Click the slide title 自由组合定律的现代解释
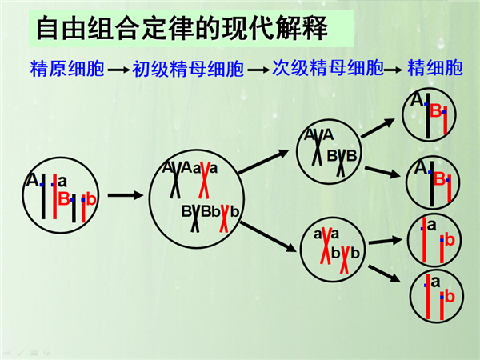tap(182, 29)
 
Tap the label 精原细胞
tap(67, 68)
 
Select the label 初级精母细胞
tap(188, 69)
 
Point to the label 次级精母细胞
tap(328, 68)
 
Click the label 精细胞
tap(434, 68)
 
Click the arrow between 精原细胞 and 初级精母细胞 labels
tap(118, 70)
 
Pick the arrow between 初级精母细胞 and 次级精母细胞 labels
tap(258, 70)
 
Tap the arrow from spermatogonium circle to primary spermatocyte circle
tap(126, 195)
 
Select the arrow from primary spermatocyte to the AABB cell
tap(263, 162)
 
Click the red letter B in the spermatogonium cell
tap(64, 198)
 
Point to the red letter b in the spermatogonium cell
tap(91, 199)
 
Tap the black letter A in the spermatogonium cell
tap(32, 180)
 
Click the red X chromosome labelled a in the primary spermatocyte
tap(204, 180)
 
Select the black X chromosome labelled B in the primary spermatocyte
tap(196, 218)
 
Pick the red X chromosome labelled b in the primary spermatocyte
tap(224, 218)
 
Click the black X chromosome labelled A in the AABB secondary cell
tap(318, 148)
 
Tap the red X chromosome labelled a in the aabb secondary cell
tap(326, 246)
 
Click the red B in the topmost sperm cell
tap(436, 110)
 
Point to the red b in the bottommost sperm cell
tap(450, 297)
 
